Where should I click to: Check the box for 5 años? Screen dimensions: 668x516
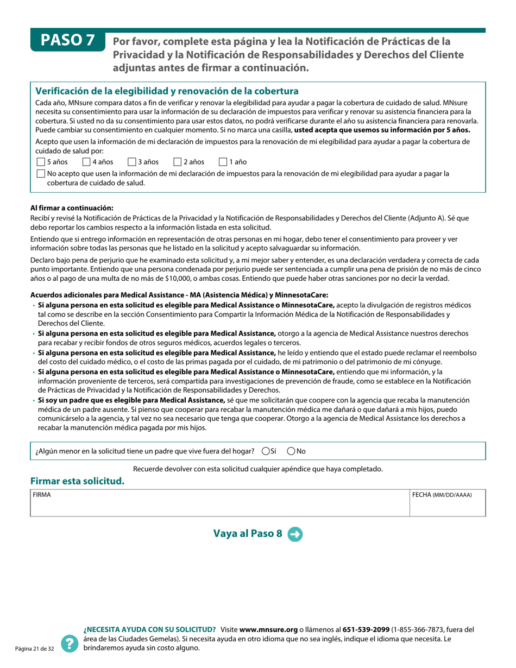(x=41, y=162)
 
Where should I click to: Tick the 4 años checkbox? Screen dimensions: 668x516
(x=86, y=162)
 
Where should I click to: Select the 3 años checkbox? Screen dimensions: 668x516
(x=131, y=162)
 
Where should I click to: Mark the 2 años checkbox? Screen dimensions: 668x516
(x=177, y=162)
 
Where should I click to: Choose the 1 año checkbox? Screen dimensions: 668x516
(x=223, y=162)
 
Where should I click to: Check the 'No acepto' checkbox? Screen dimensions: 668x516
(x=41, y=174)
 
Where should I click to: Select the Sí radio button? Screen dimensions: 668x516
(x=266, y=451)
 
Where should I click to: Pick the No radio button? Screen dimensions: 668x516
(x=291, y=451)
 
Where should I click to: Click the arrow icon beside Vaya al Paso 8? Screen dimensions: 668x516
(x=295, y=534)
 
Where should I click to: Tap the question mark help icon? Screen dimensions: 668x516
(x=70, y=644)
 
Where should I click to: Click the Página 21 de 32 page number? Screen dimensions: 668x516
(x=34, y=649)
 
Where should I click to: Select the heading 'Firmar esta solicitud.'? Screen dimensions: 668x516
(x=77, y=481)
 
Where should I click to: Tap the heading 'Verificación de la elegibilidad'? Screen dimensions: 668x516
(x=167, y=91)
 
